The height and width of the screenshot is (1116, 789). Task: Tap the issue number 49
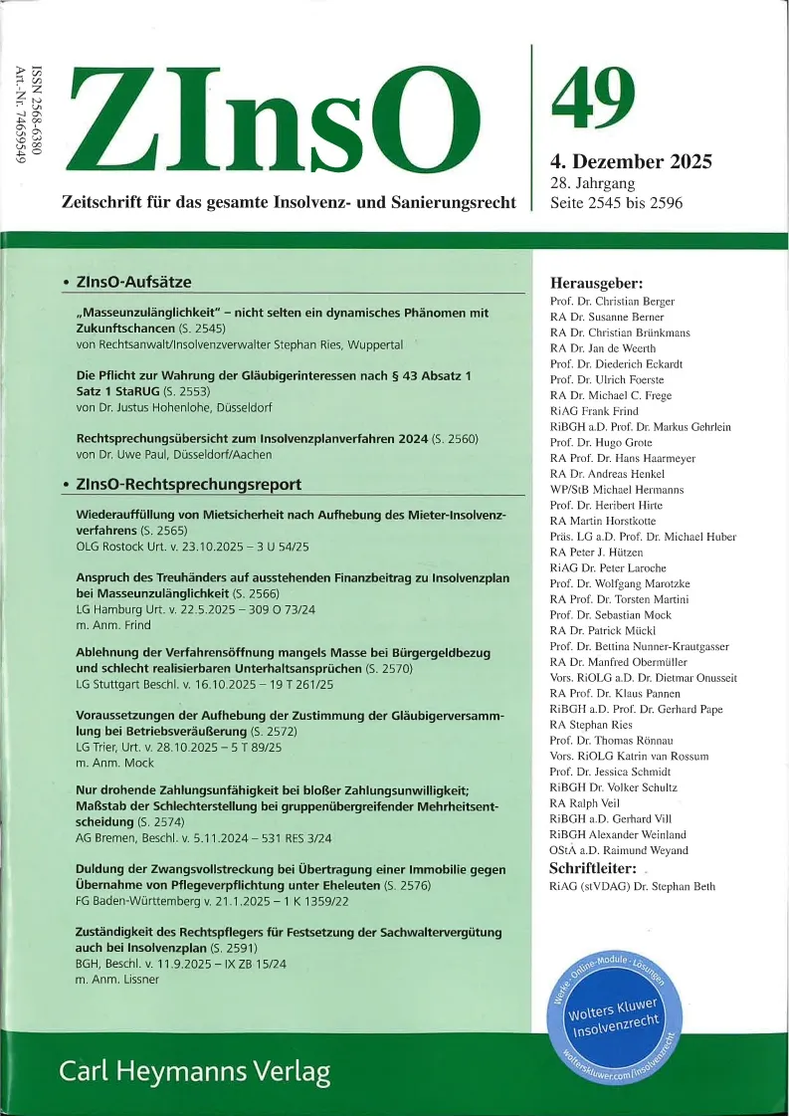(x=592, y=98)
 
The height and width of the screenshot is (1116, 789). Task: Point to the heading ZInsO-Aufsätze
(x=133, y=283)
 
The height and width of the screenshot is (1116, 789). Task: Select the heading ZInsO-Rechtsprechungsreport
(x=188, y=485)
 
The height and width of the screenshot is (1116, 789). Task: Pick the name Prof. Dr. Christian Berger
(x=612, y=301)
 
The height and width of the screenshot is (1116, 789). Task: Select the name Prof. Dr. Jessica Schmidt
(x=612, y=771)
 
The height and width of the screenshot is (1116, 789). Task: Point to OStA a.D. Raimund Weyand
(x=626, y=849)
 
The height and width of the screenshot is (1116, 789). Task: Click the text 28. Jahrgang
(x=592, y=184)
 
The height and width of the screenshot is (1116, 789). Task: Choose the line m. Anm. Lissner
(x=117, y=980)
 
